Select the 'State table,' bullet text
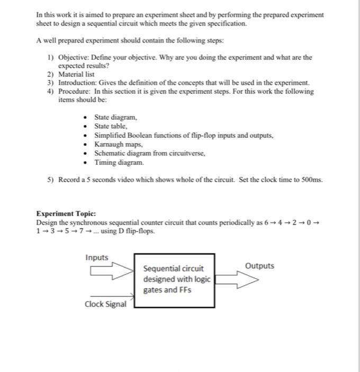[x=111, y=126]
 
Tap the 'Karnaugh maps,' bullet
[x=119, y=144]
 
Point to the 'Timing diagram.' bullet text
[x=119, y=162]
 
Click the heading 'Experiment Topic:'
[x=66, y=214]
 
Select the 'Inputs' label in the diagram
[x=97, y=258]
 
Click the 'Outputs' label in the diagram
[x=260, y=265]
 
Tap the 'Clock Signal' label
[x=106, y=304]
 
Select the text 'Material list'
[x=76, y=75]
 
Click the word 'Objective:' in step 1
[x=73, y=57]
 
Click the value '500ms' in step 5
[x=311, y=179]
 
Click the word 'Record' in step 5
[x=70, y=179]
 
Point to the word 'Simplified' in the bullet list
[x=112, y=135]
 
